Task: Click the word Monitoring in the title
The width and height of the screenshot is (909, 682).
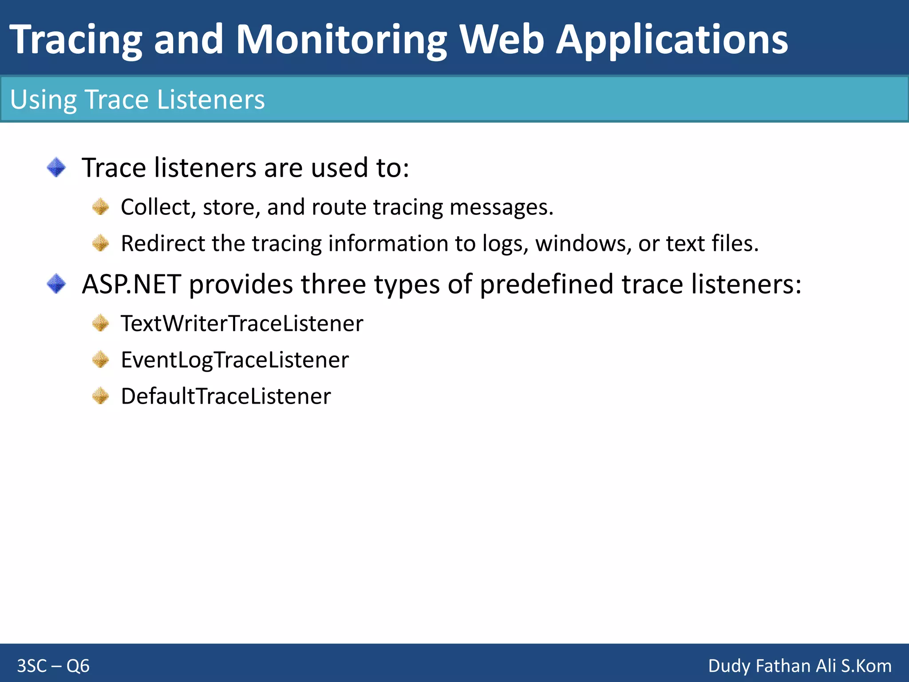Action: [x=341, y=41]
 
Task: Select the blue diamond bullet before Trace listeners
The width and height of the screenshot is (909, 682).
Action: [x=56, y=168]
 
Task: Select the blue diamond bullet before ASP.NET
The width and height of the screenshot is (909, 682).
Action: [x=56, y=284]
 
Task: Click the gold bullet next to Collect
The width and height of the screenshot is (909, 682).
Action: [x=101, y=207]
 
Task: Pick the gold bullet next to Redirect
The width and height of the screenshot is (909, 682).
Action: [x=101, y=243]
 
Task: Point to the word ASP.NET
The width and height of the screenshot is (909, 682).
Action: [x=131, y=284]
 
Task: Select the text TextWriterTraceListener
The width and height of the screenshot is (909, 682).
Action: [x=242, y=324]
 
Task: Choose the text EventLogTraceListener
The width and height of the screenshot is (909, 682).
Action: [x=235, y=360]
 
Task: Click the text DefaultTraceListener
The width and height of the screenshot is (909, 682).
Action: [x=225, y=397]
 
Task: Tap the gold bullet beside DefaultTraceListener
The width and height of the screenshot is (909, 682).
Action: [x=101, y=396]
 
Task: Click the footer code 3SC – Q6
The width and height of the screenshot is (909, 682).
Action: [x=53, y=666]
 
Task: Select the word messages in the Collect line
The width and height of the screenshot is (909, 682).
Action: [x=502, y=207]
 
